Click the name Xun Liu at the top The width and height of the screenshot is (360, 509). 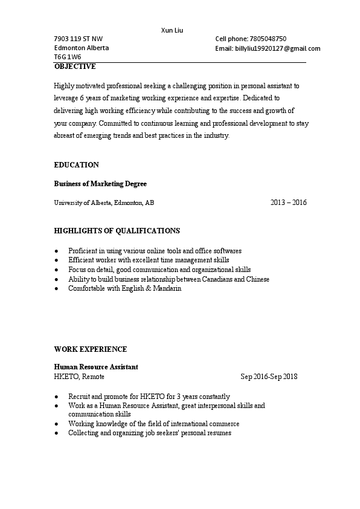coord(172,30)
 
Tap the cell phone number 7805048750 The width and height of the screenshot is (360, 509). coord(268,39)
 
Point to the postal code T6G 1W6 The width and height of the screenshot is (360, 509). coord(68,57)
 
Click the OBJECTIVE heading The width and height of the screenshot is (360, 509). coord(75,66)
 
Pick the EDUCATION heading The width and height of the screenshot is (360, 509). coord(76,164)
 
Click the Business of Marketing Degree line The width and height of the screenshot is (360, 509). coord(100,183)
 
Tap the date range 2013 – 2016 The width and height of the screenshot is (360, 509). coord(288,203)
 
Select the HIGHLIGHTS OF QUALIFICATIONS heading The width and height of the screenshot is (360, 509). coord(117,230)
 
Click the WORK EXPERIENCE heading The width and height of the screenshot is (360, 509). coord(90,349)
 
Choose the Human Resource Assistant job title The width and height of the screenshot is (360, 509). coord(96,367)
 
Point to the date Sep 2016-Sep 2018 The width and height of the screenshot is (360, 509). coord(269,377)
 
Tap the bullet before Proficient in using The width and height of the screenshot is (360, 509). coord(56,250)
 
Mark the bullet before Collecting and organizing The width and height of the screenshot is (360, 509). coord(56,433)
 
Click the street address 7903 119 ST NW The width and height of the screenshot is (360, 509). coord(79,39)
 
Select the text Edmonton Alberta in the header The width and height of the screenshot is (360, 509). coord(82,48)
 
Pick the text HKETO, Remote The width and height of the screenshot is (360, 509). coord(79,377)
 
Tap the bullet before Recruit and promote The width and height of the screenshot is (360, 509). coord(56,397)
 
